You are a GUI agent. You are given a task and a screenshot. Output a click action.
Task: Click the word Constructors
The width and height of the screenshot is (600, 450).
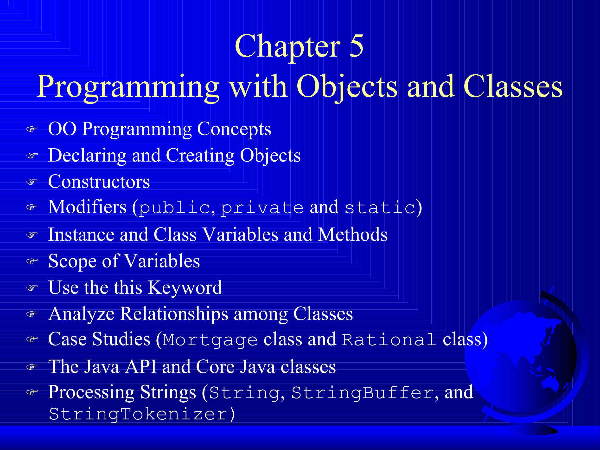click(x=99, y=181)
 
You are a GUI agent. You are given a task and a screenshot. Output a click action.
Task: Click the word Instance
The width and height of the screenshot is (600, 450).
click(x=81, y=235)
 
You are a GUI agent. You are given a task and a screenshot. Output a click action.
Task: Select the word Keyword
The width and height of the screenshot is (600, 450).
click(x=185, y=287)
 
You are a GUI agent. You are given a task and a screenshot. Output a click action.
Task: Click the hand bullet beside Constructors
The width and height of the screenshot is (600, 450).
click(x=32, y=182)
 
